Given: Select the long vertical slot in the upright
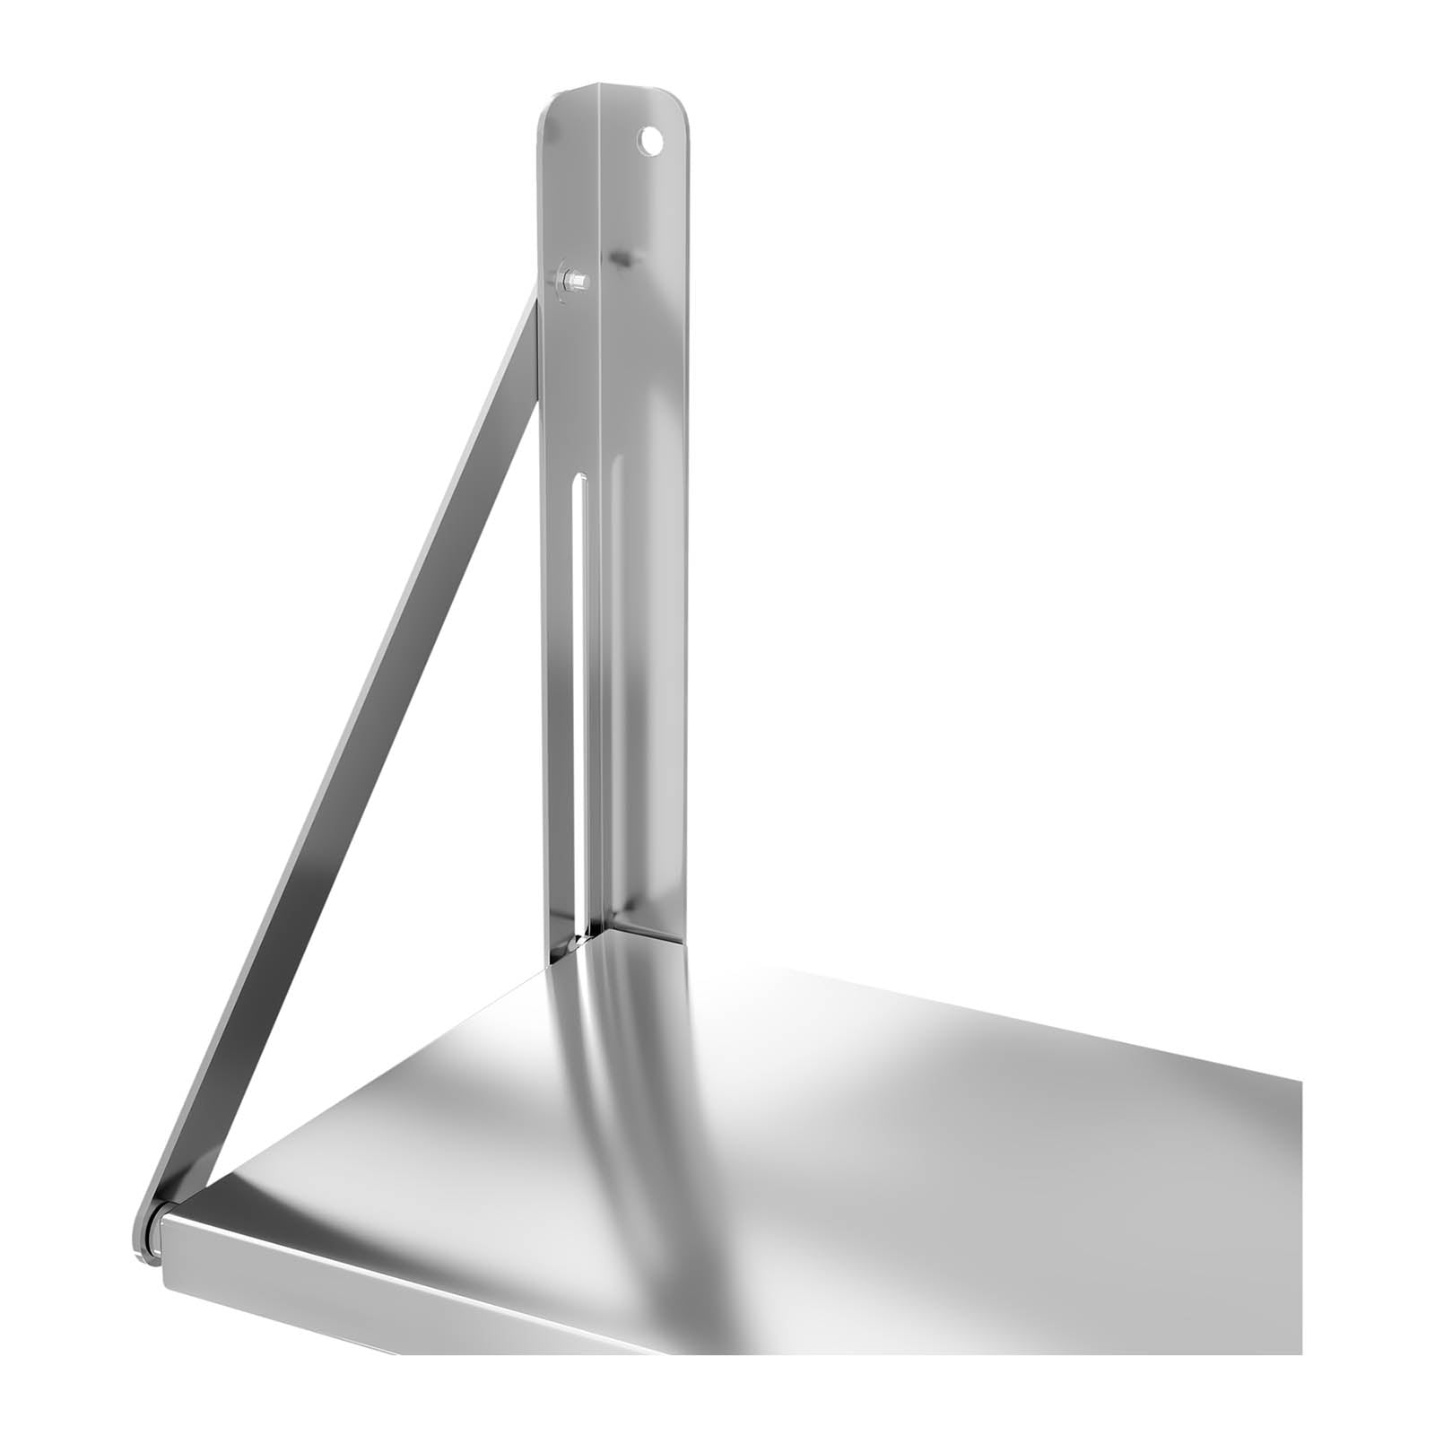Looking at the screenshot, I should coord(580,700).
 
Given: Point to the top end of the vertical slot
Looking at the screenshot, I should coord(580,480).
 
